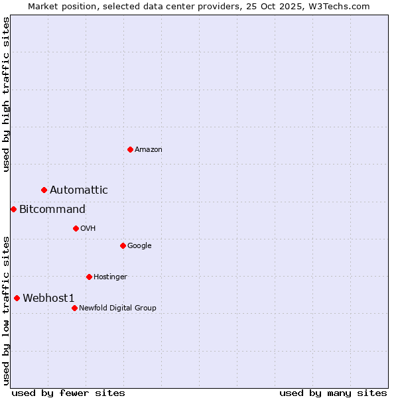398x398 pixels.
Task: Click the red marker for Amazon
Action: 130,149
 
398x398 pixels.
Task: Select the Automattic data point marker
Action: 44,190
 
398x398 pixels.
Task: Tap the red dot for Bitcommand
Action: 13,209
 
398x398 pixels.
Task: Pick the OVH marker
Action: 76,228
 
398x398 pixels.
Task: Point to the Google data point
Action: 123,245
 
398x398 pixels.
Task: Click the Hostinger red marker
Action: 89,277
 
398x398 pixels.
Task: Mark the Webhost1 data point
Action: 17,298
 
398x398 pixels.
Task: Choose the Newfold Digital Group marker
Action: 74,308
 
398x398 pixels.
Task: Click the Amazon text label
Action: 149,150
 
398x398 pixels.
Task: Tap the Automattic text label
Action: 79,190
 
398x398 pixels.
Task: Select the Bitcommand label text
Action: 52,210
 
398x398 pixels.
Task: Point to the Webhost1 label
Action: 48,298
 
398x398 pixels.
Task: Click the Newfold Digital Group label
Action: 118,308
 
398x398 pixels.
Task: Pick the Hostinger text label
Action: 110,277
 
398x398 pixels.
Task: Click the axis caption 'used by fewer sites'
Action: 68,393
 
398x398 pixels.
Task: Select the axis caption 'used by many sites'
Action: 333,393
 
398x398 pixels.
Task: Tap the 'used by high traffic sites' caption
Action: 6,94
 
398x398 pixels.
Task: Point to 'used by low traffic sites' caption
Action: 6,310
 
